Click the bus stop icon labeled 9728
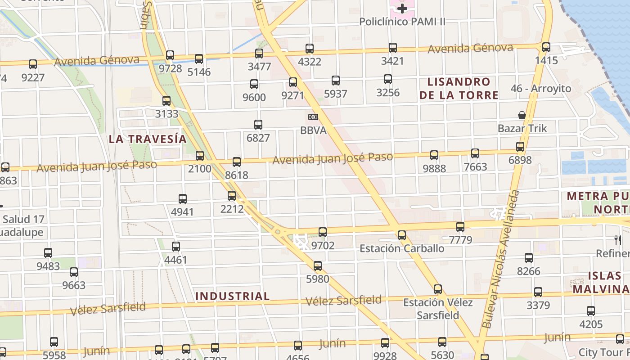point(170,55)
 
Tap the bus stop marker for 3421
point(393,48)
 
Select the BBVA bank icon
point(313,117)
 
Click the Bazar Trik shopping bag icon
point(522,115)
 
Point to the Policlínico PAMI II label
point(402,22)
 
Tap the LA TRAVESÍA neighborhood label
point(148,139)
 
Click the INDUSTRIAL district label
point(233,296)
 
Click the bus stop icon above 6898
point(520,147)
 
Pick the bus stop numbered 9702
point(323,232)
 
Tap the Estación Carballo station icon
point(402,235)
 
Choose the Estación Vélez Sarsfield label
point(438,308)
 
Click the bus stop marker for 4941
point(183,199)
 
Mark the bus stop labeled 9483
point(48,253)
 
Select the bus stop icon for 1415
point(546,47)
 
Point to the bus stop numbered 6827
point(258,125)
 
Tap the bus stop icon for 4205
point(591,311)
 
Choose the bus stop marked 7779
point(460,227)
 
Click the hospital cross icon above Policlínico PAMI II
point(402,9)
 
